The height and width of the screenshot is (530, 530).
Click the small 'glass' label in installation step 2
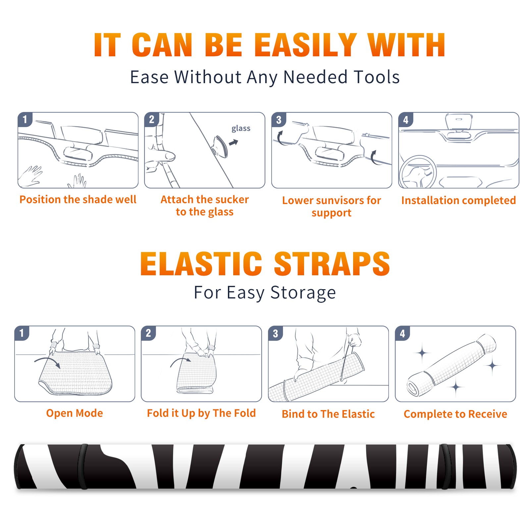(241, 129)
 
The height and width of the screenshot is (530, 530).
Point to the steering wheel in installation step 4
(418, 172)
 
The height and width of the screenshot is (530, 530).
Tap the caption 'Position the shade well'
(78, 199)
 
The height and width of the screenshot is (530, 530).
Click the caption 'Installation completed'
(458, 200)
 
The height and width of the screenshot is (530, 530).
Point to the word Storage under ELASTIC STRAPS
(303, 293)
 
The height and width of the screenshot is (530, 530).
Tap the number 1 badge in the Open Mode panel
(22, 333)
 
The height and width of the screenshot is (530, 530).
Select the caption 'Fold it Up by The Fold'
(201, 413)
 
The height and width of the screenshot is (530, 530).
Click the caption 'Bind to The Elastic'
(328, 414)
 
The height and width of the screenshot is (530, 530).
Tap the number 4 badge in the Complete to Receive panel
(402, 333)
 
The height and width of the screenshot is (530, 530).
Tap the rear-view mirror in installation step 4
(459, 122)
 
